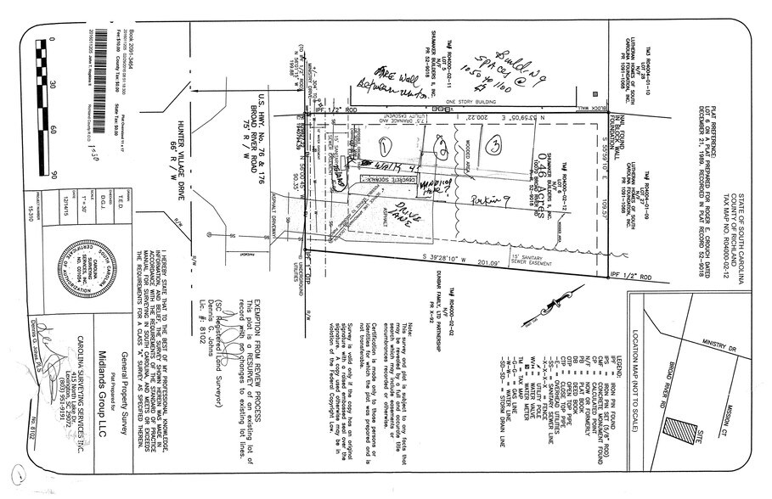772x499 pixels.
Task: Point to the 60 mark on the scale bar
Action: pos(53,130)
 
